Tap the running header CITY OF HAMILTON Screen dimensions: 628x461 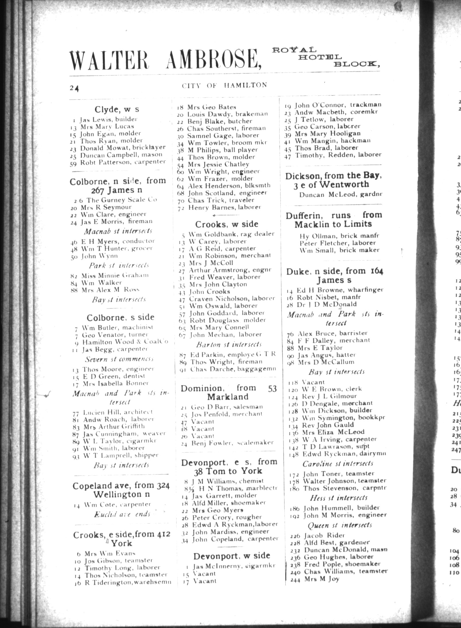[224, 85]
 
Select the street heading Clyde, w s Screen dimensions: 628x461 [117, 109]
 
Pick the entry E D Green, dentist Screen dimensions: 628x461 [114, 376]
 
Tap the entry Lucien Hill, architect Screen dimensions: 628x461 [118, 412]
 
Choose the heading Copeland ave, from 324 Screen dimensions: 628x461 [121, 486]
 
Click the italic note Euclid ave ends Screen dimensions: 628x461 [122, 514]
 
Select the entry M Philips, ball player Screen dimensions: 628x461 [222, 150]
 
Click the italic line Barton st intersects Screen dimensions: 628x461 [229, 344]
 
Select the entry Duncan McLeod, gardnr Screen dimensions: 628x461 [341, 195]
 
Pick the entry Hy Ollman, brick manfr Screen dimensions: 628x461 [339, 236]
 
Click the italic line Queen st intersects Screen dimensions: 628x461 [340, 525]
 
